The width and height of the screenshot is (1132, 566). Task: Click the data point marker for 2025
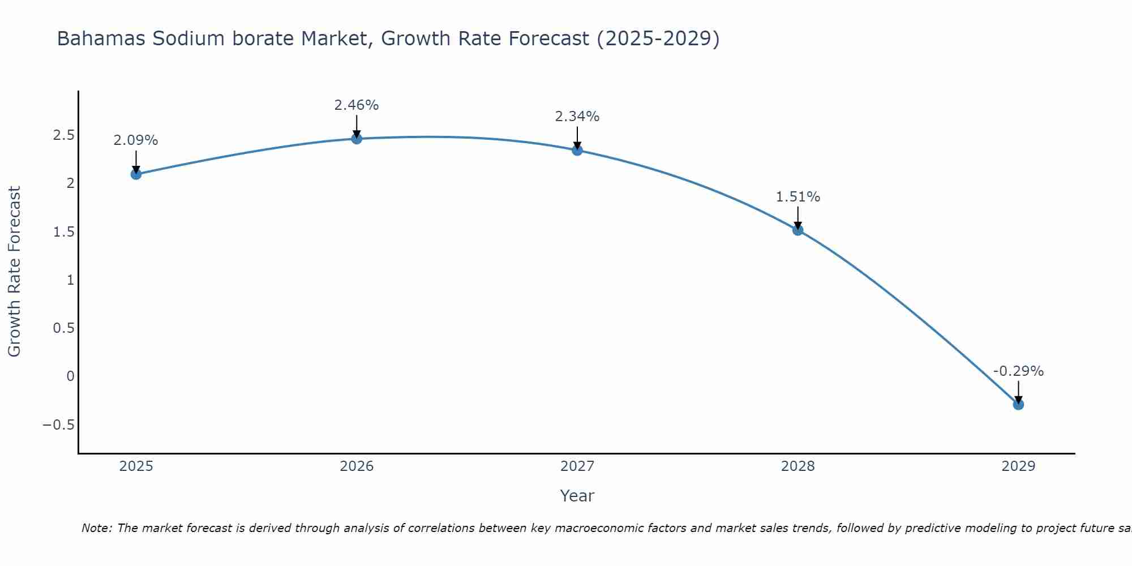136,174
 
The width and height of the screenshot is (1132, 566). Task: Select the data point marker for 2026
357,139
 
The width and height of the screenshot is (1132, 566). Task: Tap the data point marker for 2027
577,150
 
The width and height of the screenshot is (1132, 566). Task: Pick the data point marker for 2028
797,230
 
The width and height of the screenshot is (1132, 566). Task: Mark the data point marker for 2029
1018,404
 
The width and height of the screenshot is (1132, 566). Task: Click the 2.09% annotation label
136,140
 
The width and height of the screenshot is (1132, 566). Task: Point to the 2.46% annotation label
357,105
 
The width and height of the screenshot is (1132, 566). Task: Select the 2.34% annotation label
577,117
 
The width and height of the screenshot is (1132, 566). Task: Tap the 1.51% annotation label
797,197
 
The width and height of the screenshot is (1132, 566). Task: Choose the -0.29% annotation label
1018,371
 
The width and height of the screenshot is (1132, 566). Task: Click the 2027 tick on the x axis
577,466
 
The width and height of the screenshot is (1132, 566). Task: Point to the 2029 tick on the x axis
1018,466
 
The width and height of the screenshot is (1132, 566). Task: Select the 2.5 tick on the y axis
64,135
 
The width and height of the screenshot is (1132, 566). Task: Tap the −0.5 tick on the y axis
59,425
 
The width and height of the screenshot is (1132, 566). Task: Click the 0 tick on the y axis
70,376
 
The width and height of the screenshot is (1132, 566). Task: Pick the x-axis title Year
577,496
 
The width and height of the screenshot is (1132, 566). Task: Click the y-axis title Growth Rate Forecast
14,272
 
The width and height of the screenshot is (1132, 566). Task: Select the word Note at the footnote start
97,528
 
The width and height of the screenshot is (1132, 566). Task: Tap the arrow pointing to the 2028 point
797,217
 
